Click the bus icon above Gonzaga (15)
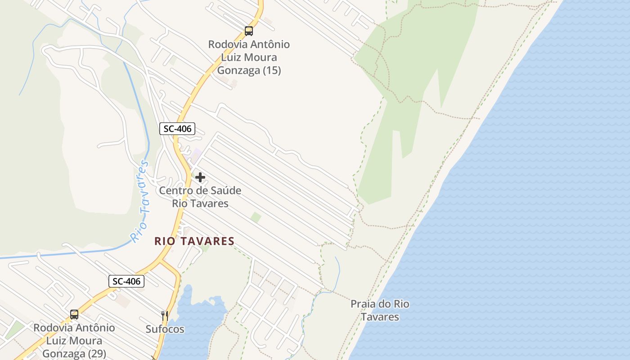click(x=249, y=31)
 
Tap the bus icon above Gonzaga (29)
click(x=74, y=315)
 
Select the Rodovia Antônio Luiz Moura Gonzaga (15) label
click(x=249, y=57)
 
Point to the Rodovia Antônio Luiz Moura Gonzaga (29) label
click(x=74, y=341)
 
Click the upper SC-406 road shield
click(x=177, y=129)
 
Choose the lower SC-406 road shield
click(x=126, y=282)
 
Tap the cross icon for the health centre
click(x=200, y=177)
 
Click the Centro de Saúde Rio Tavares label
click(x=200, y=197)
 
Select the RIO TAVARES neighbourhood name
click(x=194, y=241)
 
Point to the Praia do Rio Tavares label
click(x=380, y=310)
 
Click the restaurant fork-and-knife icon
click(x=165, y=315)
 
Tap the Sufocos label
click(x=165, y=329)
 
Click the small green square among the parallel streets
click(x=256, y=217)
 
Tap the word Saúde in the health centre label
click(x=223, y=190)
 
